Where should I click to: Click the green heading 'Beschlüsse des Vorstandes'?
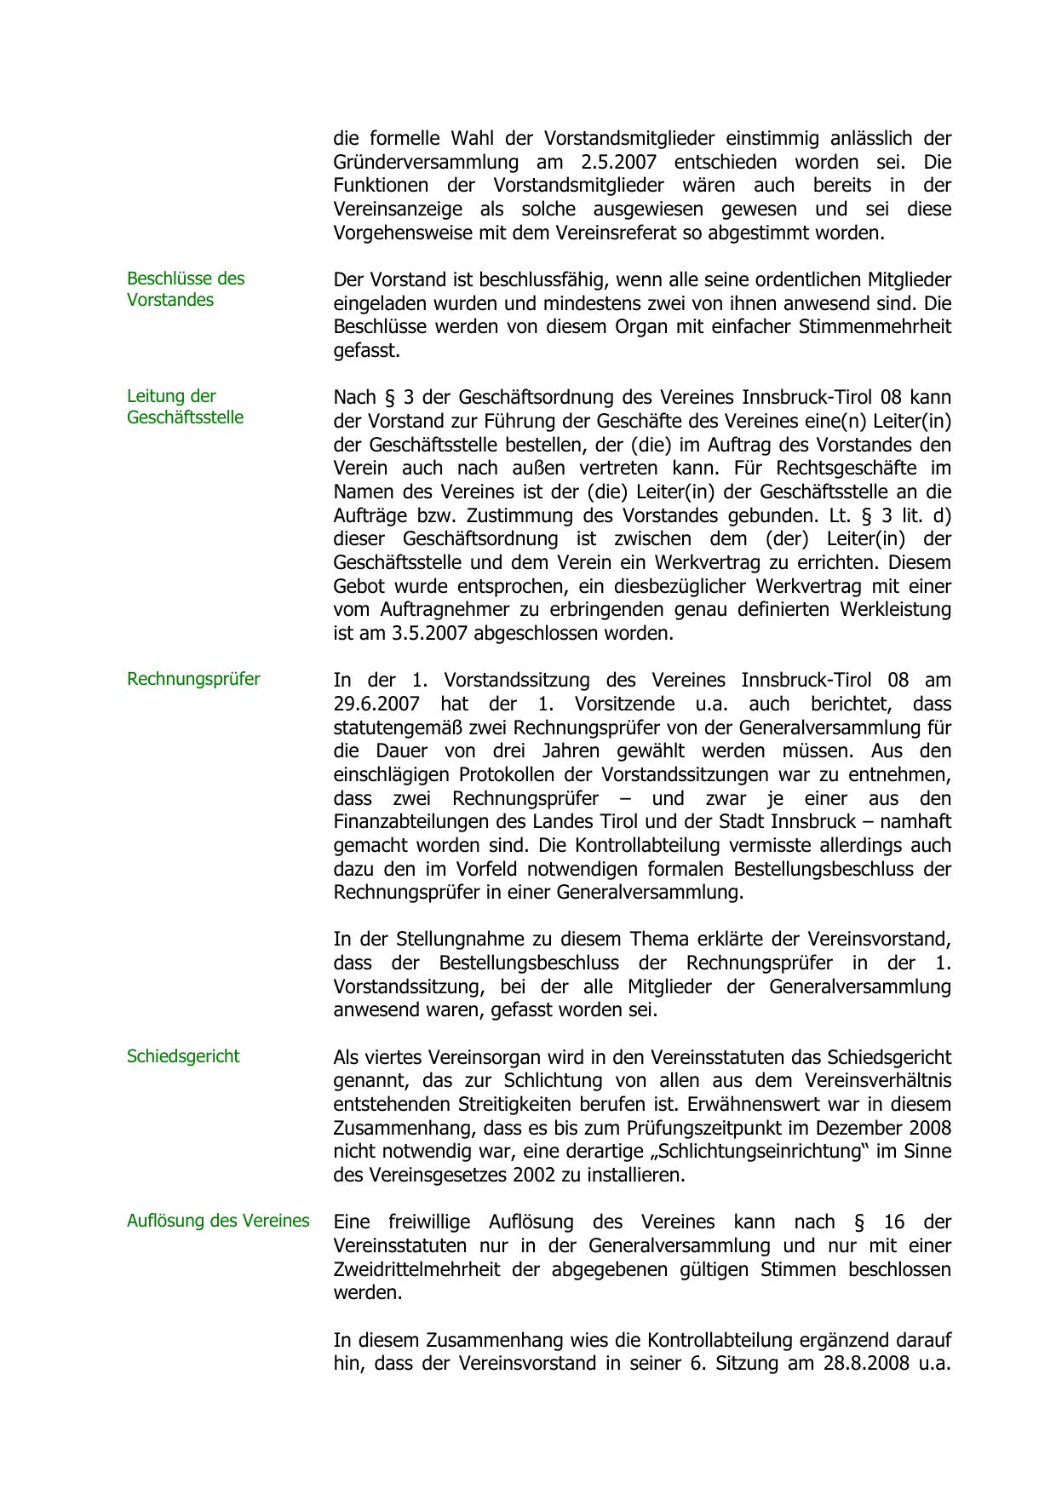pos(186,289)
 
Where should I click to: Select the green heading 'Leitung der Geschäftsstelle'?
pos(185,406)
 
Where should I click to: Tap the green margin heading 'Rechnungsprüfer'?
pos(193,679)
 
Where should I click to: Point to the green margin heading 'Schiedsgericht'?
pos(183,1056)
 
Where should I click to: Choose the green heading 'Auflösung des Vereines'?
pos(218,1221)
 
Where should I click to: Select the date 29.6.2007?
pos(376,704)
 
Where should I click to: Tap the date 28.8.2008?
pos(864,1363)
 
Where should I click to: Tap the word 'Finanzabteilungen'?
pos(410,822)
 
